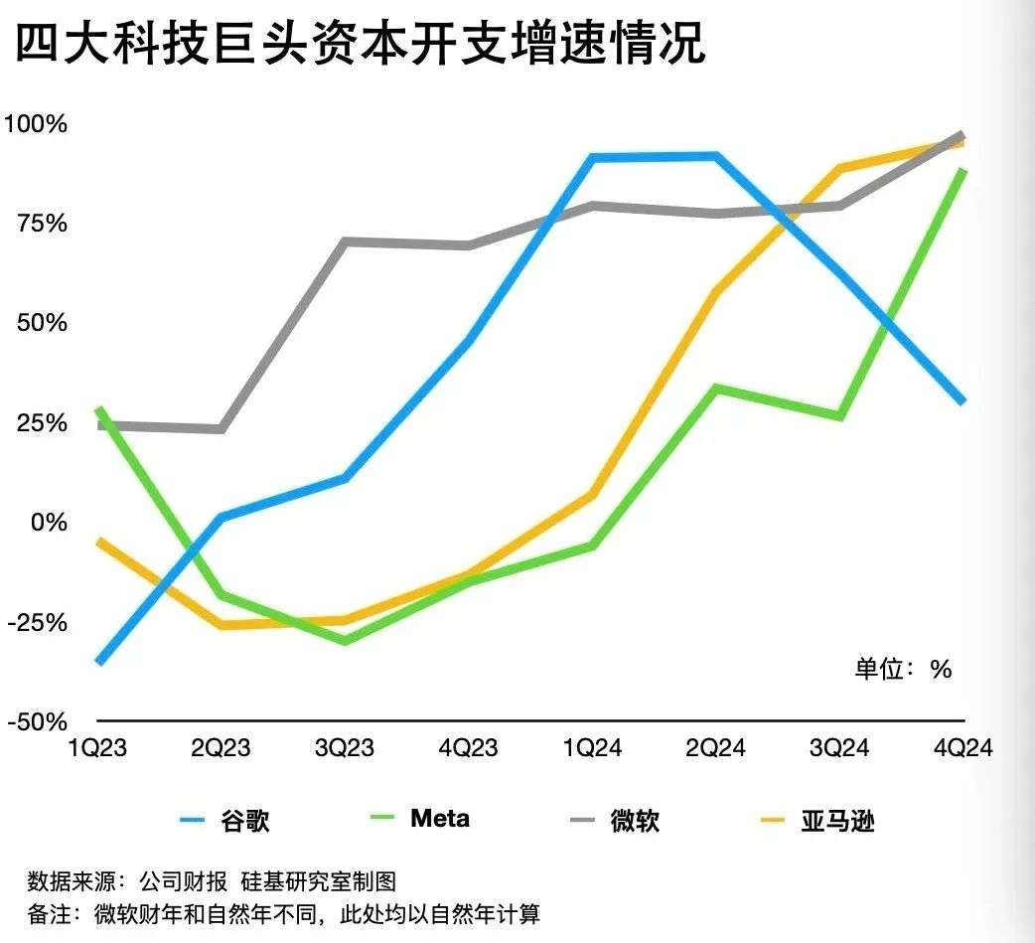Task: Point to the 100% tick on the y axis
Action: [36, 124]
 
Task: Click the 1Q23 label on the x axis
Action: [96, 748]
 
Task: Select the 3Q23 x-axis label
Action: [344, 748]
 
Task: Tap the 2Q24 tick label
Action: [716, 748]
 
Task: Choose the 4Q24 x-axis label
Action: [962, 748]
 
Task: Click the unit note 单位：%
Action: [903, 669]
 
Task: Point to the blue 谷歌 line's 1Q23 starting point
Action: [98, 661]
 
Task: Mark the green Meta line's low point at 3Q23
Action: [345, 641]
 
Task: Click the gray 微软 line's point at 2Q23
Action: [222, 429]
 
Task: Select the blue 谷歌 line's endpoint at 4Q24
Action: [961, 401]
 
